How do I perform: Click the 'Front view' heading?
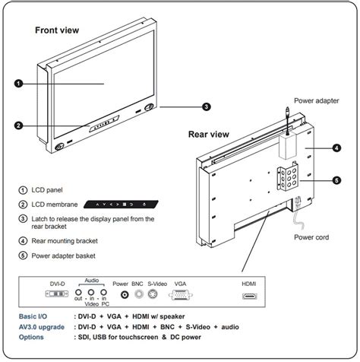58,30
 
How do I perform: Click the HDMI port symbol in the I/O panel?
249,293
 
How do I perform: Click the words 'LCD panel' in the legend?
49,189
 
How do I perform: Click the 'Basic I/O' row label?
37,314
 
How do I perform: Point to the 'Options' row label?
33,337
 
